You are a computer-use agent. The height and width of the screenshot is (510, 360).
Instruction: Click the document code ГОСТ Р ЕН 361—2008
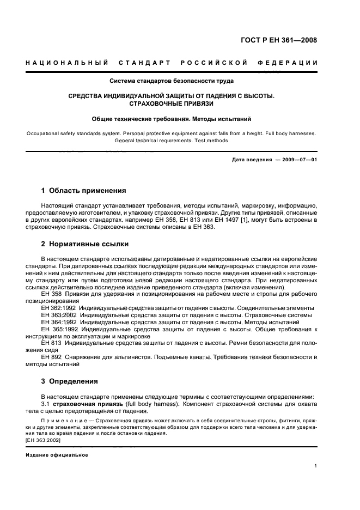click(286, 40)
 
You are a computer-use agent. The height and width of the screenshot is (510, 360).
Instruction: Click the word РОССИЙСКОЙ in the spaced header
click(213, 63)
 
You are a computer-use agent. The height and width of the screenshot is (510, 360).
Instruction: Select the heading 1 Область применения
click(84, 191)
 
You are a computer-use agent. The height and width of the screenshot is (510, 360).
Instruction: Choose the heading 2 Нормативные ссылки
click(86, 244)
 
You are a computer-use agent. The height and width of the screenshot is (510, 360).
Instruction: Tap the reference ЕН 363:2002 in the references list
click(58, 315)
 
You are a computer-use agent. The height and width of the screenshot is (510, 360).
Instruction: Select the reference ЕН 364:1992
click(58, 323)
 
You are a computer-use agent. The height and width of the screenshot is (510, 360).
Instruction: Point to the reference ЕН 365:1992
click(58, 330)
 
